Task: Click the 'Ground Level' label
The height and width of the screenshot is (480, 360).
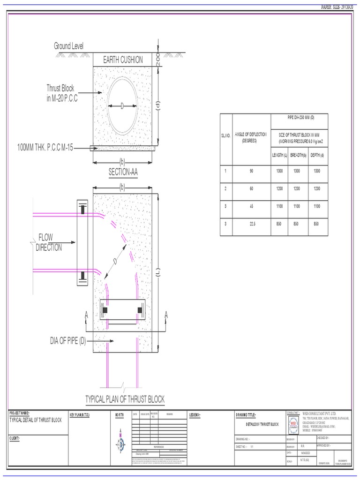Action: (68, 46)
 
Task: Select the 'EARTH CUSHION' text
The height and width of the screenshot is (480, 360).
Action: (123, 60)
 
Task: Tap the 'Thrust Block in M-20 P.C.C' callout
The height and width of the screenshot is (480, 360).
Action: (61, 93)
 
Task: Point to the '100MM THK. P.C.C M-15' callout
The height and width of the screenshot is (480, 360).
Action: (45, 148)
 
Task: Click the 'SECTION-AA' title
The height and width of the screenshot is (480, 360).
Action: (123, 172)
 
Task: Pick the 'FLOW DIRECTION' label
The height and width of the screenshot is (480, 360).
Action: (49, 242)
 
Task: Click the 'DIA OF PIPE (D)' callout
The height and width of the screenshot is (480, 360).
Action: (68, 340)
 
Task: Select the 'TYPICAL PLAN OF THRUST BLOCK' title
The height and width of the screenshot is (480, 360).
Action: (125, 399)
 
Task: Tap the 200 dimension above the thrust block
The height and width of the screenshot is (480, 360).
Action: (158, 59)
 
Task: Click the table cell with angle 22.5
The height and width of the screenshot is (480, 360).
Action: (251, 224)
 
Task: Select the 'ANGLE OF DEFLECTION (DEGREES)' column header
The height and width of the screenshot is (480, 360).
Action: (251, 137)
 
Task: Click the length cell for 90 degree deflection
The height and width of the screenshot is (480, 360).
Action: (279, 172)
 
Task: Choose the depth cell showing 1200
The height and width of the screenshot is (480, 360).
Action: (317, 188)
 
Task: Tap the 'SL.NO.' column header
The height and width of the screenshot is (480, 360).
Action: (225, 135)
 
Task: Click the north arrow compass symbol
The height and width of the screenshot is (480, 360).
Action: (120, 441)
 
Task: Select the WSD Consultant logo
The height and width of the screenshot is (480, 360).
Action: (293, 422)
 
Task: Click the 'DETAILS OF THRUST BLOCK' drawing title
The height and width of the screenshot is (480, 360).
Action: (262, 424)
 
